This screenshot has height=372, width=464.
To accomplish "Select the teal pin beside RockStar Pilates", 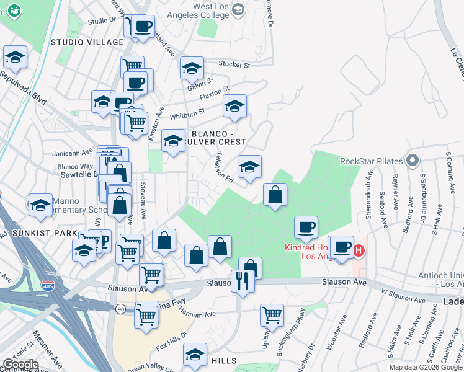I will click(411, 161).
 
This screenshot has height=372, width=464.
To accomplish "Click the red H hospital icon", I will click(359, 250).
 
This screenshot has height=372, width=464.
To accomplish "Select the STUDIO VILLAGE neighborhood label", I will click(87, 42).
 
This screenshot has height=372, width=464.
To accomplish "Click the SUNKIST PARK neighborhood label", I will click(38, 233).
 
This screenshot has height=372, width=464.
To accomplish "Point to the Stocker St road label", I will click(235, 64).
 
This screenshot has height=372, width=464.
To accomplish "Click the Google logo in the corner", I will click(20, 365).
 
